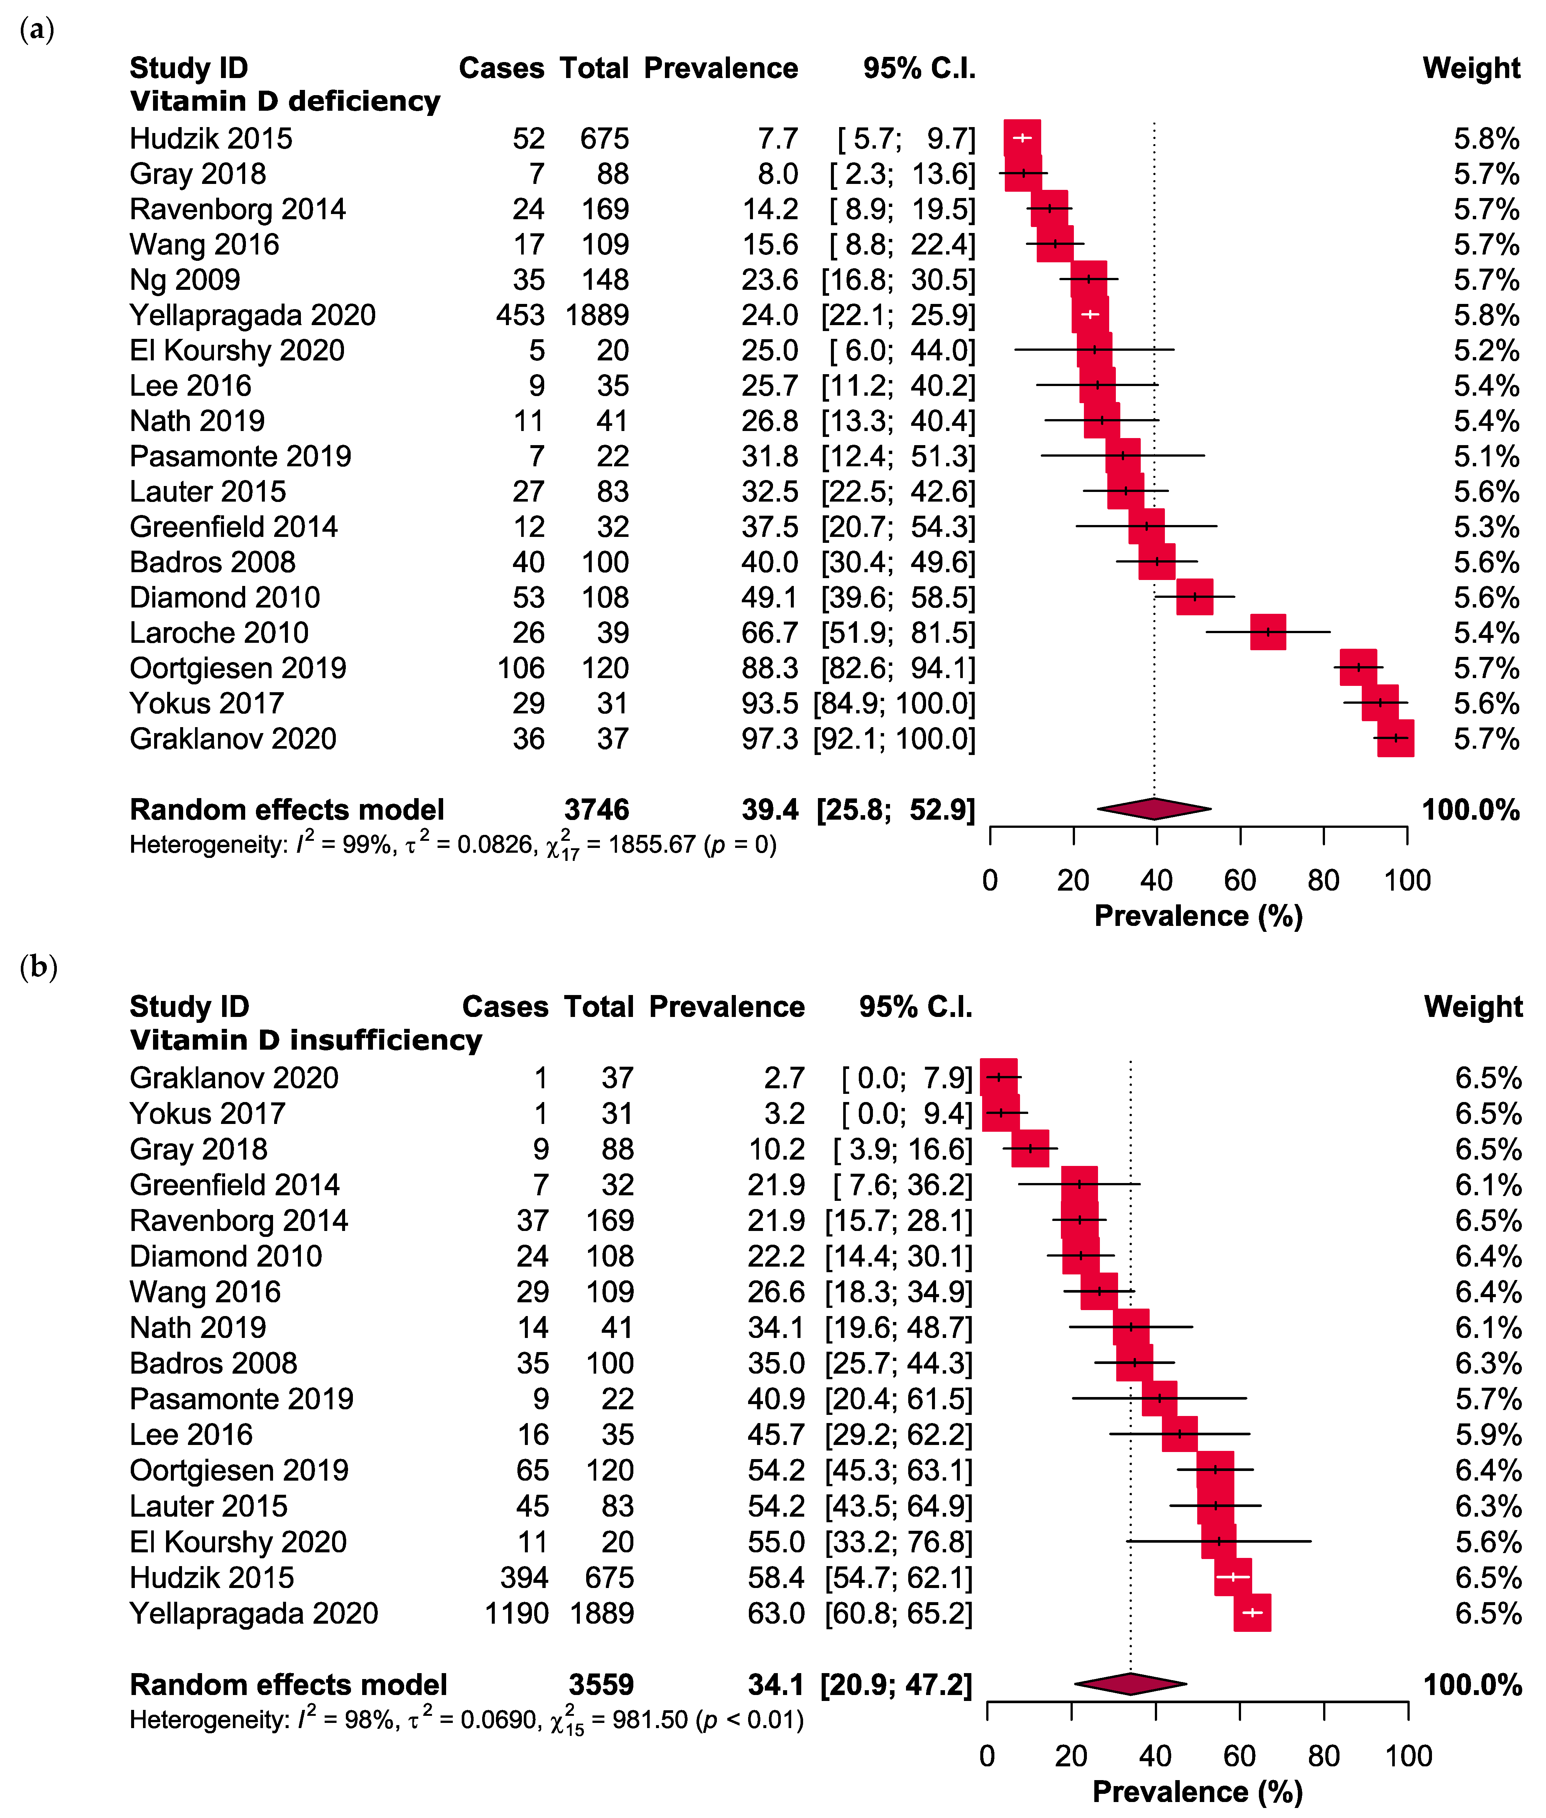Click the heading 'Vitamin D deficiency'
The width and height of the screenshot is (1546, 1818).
point(285,101)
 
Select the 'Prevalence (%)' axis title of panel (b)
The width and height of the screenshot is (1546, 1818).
point(1197,1791)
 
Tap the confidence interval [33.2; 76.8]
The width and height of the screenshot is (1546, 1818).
point(898,1541)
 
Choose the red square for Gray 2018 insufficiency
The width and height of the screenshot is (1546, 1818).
point(1030,1148)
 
